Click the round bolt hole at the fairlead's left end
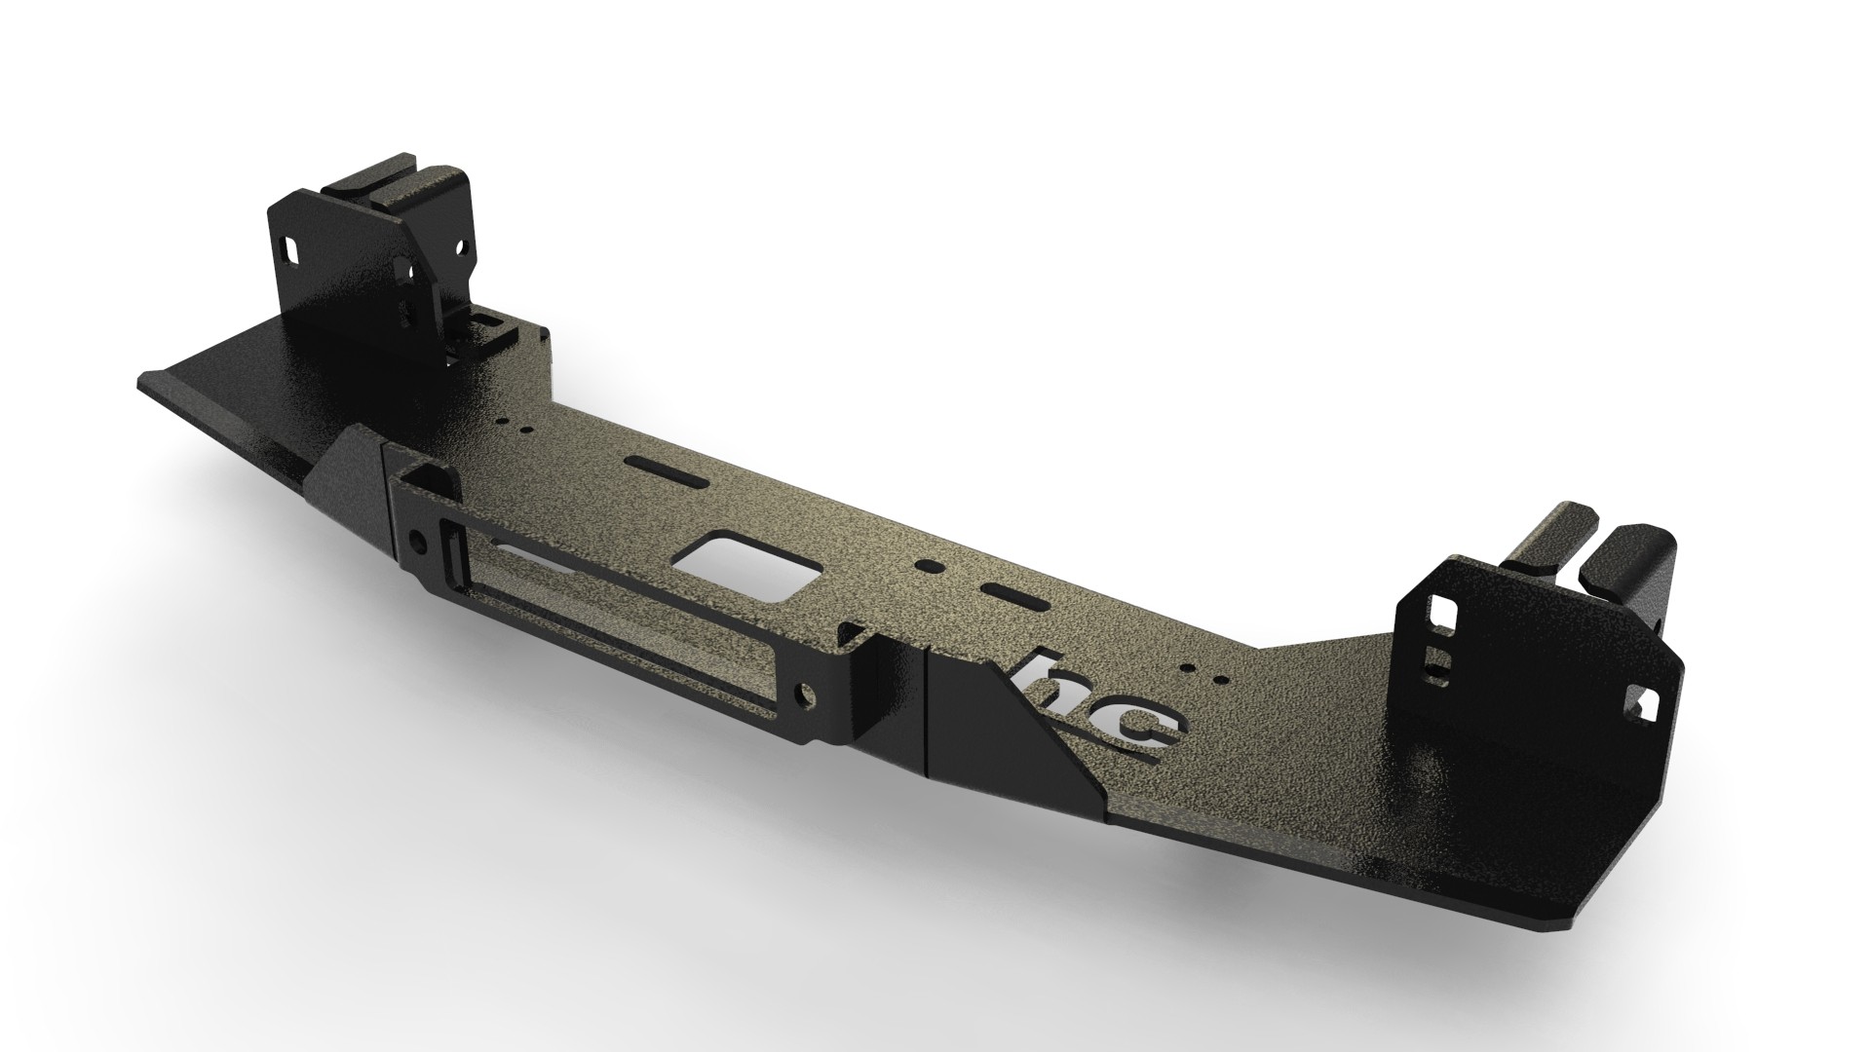tap(418, 539)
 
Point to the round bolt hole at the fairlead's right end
tap(805, 693)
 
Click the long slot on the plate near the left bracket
tap(655, 467)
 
